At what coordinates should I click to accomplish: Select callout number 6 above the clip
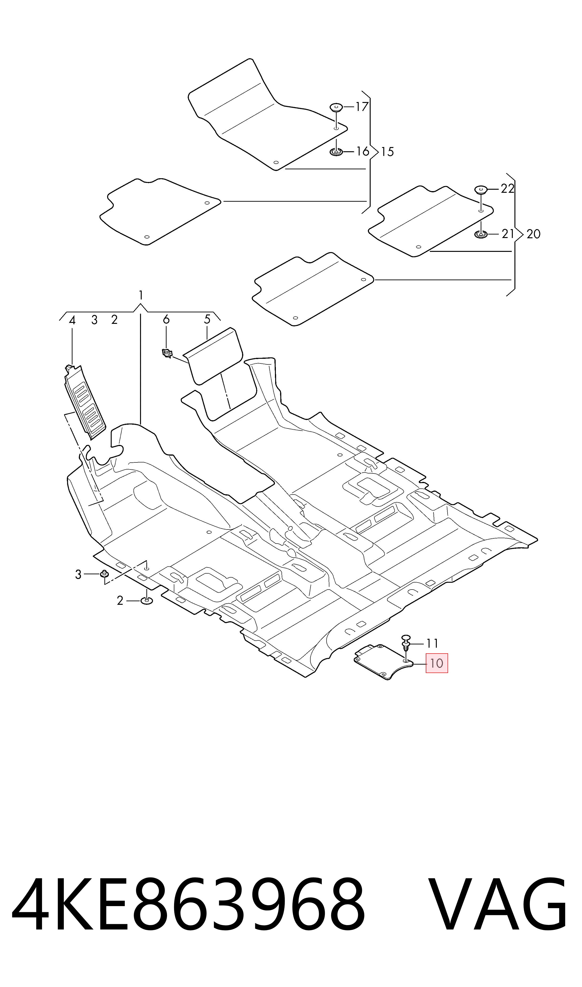(x=166, y=319)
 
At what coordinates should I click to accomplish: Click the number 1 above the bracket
(x=141, y=295)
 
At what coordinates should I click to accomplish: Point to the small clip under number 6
(x=167, y=354)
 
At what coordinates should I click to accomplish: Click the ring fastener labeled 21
(x=481, y=234)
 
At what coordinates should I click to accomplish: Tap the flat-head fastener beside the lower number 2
(x=147, y=601)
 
